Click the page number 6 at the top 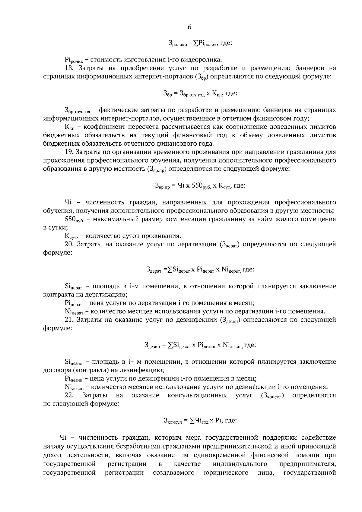coord(189,27)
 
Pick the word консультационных coord(197,395)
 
